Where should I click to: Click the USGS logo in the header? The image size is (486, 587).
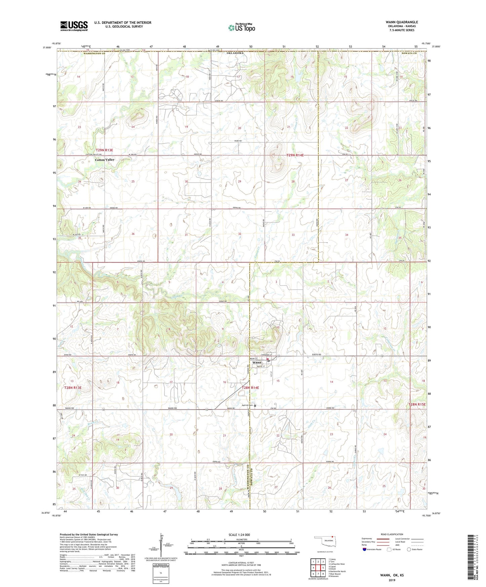click(x=74, y=26)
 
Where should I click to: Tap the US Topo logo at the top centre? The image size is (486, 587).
click(x=241, y=28)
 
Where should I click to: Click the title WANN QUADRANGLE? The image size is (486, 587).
click(x=402, y=22)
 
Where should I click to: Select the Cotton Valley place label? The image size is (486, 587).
click(x=105, y=160)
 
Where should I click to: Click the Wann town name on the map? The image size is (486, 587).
click(x=257, y=362)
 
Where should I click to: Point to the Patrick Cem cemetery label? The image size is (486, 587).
click(x=248, y=405)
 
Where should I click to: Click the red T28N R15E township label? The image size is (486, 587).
click(x=417, y=404)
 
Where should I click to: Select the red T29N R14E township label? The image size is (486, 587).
click(x=295, y=155)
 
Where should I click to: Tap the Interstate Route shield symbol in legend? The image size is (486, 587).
click(x=365, y=549)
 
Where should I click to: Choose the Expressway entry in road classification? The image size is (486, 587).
click(x=367, y=539)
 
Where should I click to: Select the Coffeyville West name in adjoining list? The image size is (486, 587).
click(x=337, y=564)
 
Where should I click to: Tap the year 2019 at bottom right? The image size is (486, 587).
click(x=392, y=580)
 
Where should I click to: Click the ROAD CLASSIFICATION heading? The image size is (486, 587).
click(x=391, y=534)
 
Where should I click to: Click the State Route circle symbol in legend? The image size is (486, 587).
click(x=409, y=549)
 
